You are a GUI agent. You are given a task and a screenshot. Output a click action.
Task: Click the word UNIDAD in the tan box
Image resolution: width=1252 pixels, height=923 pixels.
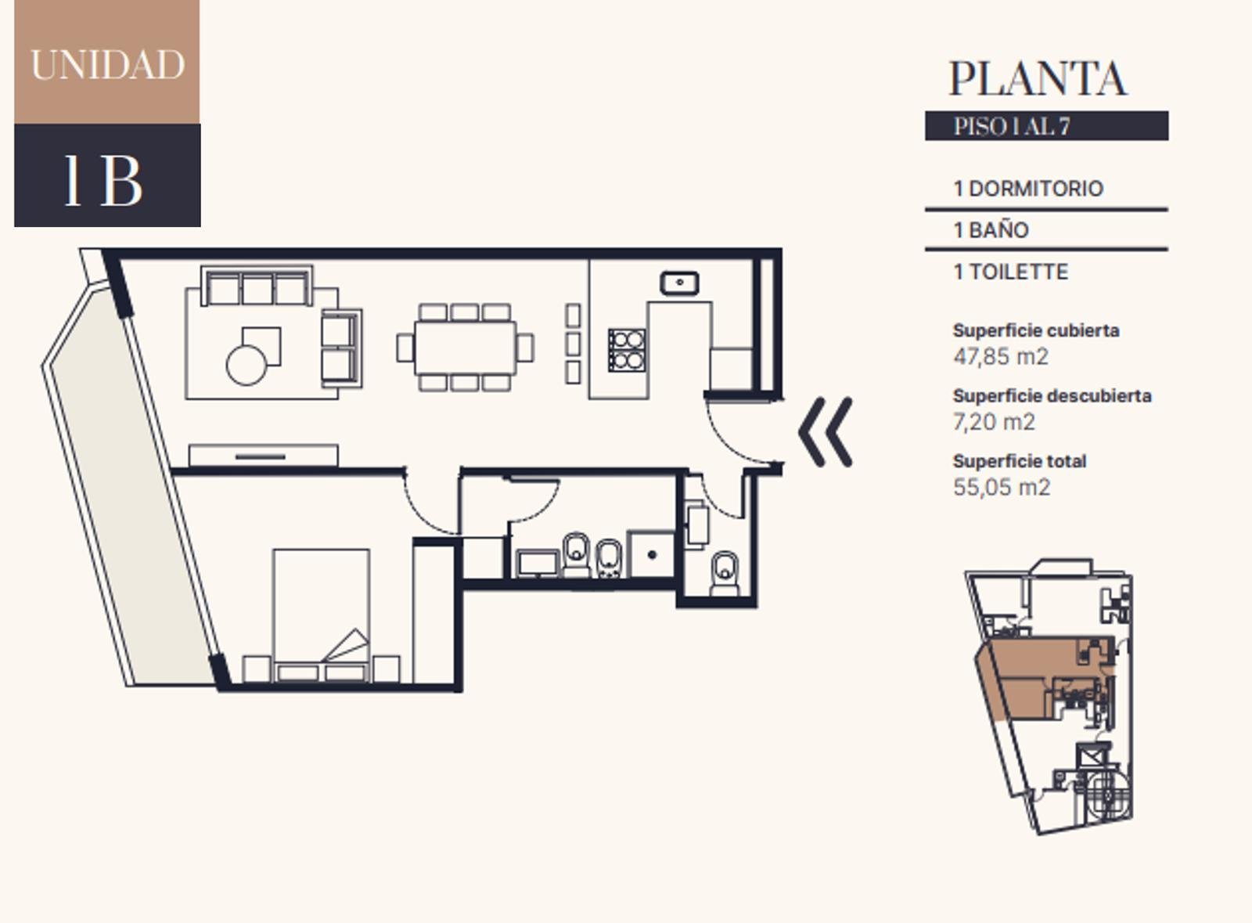(107, 65)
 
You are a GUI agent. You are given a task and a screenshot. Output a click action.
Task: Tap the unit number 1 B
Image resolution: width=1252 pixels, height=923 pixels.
(104, 180)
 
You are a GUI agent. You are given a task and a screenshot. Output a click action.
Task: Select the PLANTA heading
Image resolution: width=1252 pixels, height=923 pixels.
(1038, 78)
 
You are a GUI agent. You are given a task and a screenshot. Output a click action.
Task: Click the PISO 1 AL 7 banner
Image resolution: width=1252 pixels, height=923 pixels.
(1046, 126)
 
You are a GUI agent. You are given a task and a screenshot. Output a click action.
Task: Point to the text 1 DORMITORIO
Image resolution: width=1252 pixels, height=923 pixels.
(1028, 189)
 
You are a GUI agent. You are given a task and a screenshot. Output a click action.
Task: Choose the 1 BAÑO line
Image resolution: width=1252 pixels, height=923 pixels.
(991, 230)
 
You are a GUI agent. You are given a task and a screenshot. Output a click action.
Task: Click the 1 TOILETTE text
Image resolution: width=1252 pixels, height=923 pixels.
(1010, 272)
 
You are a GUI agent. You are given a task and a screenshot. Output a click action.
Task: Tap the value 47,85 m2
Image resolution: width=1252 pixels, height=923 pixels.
(1001, 356)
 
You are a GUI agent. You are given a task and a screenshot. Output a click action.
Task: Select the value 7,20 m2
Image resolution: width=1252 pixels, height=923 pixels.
(994, 421)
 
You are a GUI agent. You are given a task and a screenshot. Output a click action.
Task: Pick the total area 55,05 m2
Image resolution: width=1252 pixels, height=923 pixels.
(1002, 487)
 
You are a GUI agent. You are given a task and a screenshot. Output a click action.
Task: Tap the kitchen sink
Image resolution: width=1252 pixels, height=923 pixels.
(679, 283)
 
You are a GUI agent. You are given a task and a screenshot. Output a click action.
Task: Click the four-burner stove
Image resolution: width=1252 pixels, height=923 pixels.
(627, 350)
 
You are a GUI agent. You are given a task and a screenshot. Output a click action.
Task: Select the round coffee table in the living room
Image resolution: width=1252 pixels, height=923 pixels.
(246, 366)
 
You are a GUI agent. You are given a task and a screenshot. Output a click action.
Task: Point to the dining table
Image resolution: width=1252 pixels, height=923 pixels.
(465, 348)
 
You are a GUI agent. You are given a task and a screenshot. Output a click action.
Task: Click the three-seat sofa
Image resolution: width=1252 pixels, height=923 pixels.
(257, 286)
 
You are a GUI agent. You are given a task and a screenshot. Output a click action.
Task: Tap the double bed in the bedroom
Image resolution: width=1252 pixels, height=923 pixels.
(321, 615)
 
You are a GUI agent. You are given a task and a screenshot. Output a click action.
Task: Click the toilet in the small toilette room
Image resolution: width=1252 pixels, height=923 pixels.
(725, 574)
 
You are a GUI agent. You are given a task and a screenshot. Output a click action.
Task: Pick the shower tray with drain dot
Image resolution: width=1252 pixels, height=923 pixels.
(651, 554)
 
